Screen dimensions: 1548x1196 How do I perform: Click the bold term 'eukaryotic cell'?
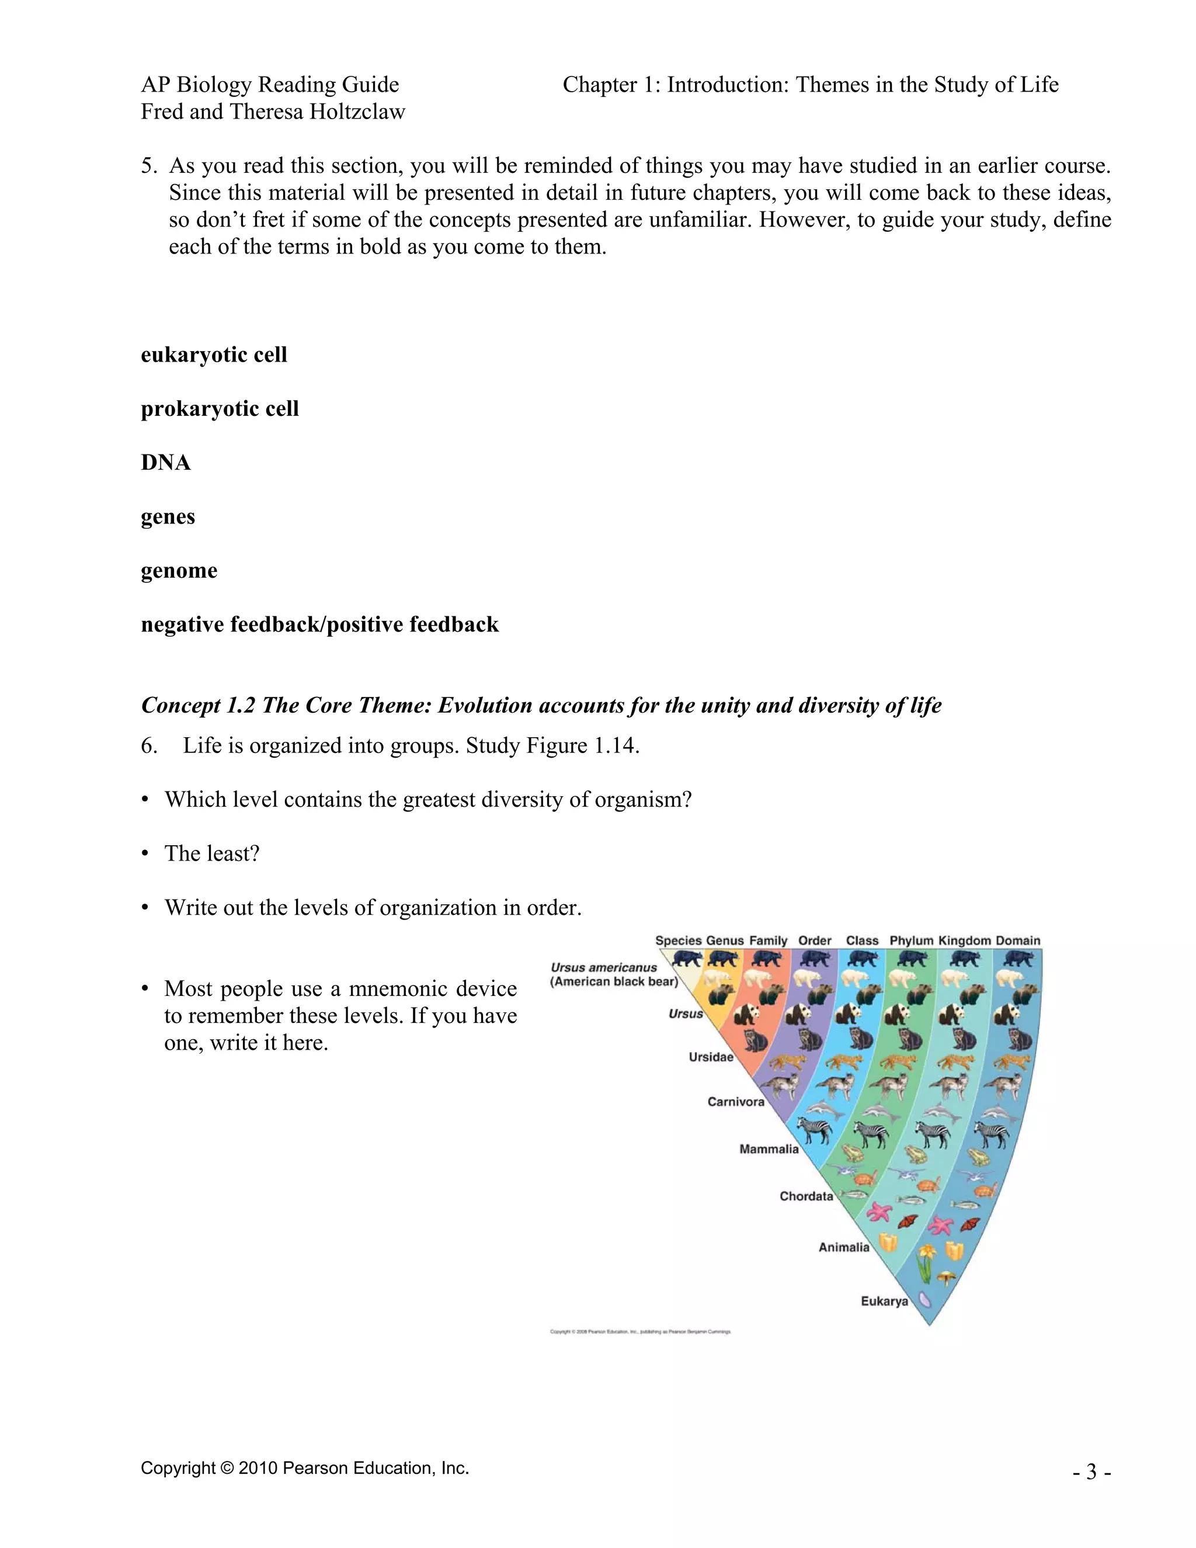click(214, 355)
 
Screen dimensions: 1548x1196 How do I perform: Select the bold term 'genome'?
click(179, 570)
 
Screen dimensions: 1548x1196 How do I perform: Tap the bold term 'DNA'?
click(166, 462)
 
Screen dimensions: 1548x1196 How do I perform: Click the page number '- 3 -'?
click(1091, 1472)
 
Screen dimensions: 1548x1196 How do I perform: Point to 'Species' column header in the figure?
click(678, 940)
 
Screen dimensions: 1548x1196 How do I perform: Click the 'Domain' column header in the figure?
click(1017, 940)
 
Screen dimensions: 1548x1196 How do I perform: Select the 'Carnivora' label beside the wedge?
click(735, 1102)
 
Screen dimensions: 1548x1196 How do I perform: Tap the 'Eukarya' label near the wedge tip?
click(884, 1301)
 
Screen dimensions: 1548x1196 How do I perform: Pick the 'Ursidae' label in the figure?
click(711, 1057)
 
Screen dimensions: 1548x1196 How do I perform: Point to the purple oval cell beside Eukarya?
click(923, 1300)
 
